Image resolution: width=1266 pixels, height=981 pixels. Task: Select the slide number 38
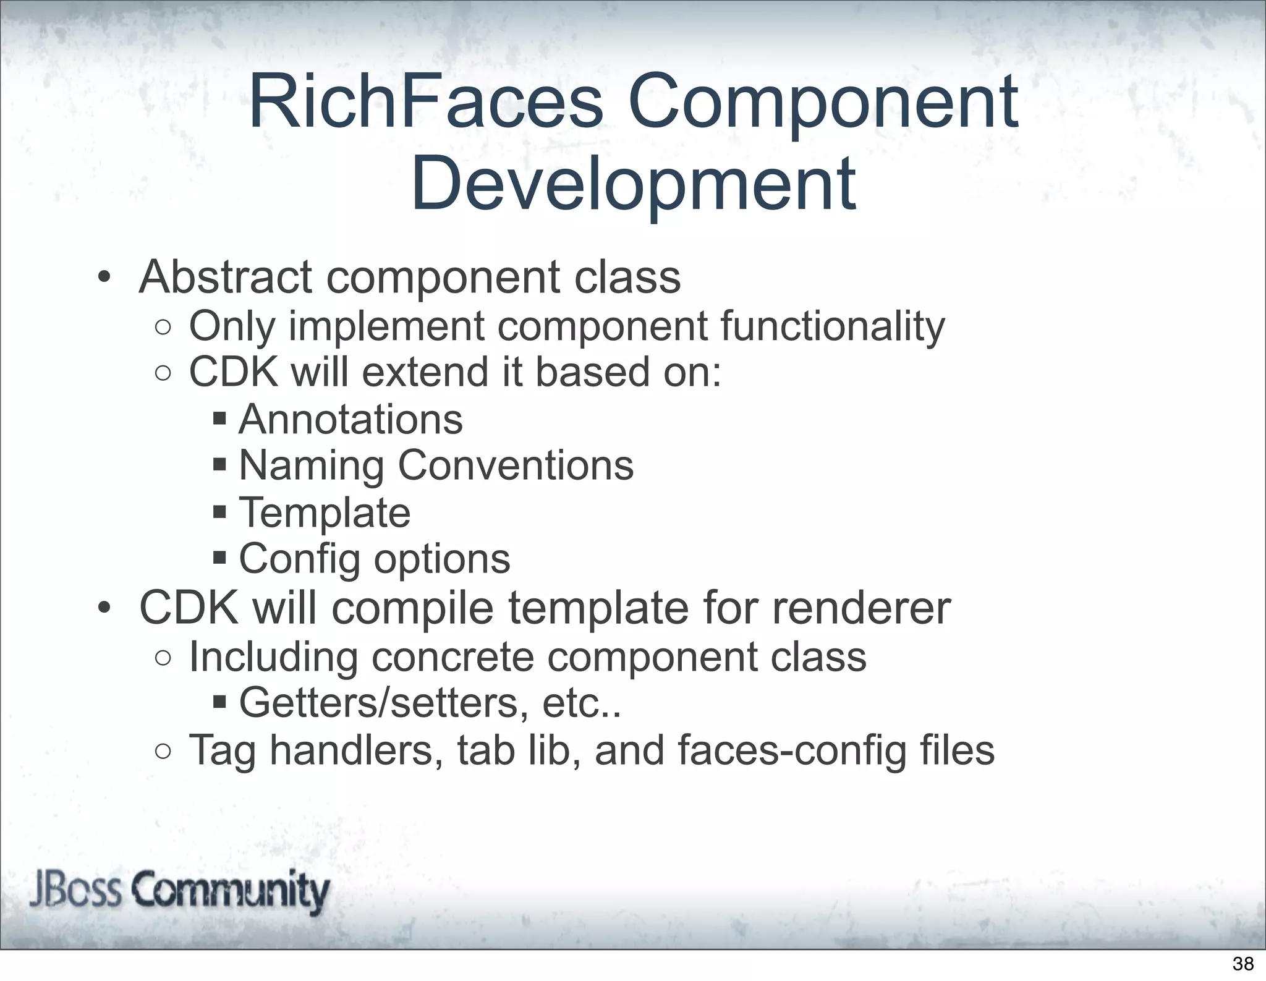tap(1243, 964)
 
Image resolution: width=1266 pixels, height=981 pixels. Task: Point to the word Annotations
tap(350, 420)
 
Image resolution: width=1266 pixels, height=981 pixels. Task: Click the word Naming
tap(311, 466)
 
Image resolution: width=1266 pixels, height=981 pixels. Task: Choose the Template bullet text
tap(325, 513)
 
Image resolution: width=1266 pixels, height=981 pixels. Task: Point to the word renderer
tap(861, 609)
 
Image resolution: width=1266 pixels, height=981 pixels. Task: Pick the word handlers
tap(356, 750)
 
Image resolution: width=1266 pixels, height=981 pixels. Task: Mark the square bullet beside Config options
tap(220, 559)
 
